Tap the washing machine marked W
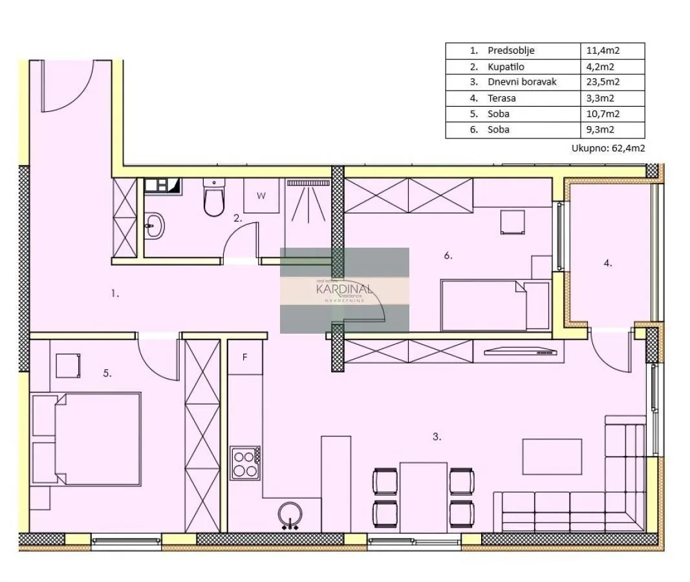point(262,196)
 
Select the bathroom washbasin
point(155,226)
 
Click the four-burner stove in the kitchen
point(246,463)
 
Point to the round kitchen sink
point(289,515)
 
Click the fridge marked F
point(246,357)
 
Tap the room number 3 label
point(437,436)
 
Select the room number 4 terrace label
point(608,263)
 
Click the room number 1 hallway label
point(115,294)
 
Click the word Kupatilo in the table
point(506,67)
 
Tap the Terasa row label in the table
point(502,98)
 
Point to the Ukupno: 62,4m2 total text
point(608,148)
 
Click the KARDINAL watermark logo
point(344,290)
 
